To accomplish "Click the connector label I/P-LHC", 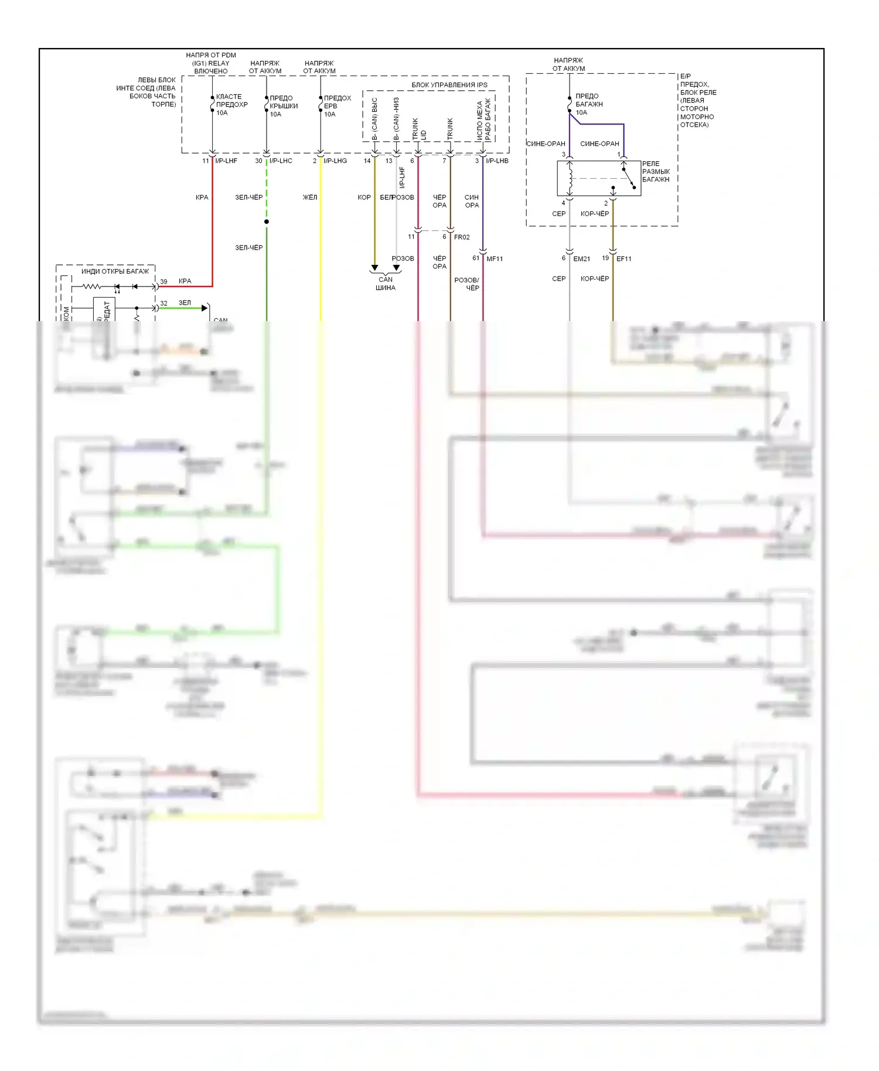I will tap(281, 161).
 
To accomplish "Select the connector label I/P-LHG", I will tap(335, 161).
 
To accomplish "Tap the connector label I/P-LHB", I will tap(497, 161).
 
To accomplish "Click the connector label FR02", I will tap(462, 237).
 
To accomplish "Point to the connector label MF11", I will tap(495, 258).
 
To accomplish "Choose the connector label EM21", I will tap(581, 258).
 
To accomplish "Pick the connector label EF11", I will tap(624, 258).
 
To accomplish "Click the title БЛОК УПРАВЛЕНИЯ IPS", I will tap(449, 85).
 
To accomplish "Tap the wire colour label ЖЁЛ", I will tap(309, 197).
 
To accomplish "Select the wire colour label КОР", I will tap(364, 197).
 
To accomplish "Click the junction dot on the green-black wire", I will tap(267, 221).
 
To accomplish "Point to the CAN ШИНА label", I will tap(386, 284).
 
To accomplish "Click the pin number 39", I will tap(163, 281).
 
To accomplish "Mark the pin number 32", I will tap(163, 303).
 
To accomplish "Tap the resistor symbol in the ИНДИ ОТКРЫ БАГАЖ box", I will tap(91, 286).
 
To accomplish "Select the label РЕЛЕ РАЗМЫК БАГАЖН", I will tap(655, 172).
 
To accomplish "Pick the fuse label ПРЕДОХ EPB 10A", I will tap(337, 106).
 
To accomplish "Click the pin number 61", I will tap(476, 258).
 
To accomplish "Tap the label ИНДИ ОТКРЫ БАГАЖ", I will tap(115, 271).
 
